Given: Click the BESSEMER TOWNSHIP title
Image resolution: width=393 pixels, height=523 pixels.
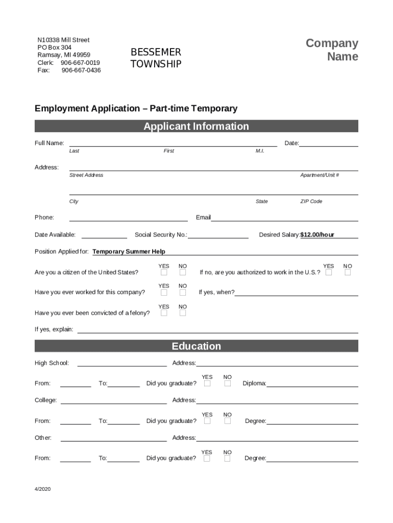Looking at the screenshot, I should click(x=156, y=58).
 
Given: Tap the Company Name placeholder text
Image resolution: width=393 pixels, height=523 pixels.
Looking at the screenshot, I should click(x=332, y=50).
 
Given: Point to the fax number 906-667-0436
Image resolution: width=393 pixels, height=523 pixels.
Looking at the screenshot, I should click(x=81, y=70).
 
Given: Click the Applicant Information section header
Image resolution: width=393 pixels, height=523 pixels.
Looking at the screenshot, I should click(x=196, y=126).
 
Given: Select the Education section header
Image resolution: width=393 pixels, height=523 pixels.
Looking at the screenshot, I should click(x=196, y=346).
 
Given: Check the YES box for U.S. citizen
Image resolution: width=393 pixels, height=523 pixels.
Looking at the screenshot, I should click(x=164, y=273).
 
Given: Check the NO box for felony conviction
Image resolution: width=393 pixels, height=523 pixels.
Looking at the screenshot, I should click(x=183, y=313).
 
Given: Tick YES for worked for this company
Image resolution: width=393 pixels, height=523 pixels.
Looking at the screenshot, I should click(x=164, y=293).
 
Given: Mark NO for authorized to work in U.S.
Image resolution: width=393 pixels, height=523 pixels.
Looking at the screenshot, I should click(x=348, y=273).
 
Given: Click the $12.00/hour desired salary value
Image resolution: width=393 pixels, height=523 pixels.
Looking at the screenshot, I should click(x=317, y=235).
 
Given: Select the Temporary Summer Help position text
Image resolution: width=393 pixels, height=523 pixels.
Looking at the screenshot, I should click(x=129, y=252).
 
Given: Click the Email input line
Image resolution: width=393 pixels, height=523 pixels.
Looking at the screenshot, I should click(x=284, y=218).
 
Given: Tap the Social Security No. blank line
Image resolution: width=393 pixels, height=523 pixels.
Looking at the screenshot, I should click(x=218, y=235).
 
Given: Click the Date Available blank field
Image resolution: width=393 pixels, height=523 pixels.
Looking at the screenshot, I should click(x=104, y=235).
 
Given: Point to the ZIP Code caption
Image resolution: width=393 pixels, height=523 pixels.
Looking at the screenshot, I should click(x=311, y=201).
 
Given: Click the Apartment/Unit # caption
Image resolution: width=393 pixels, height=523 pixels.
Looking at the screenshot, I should click(x=320, y=175).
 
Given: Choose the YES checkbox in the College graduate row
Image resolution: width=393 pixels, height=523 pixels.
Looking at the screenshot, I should click(x=207, y=421).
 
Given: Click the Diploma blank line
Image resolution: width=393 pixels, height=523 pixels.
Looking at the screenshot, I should click(x=312, y=384).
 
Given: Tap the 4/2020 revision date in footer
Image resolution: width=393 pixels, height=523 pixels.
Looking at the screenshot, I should click(x=43, y=489).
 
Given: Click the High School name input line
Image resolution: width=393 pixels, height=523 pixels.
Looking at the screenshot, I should click(x=121, y=364).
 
